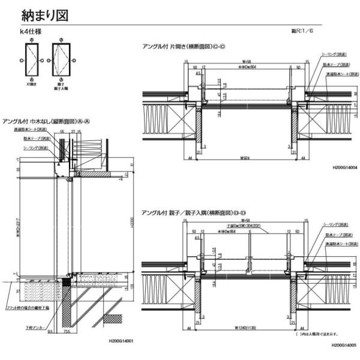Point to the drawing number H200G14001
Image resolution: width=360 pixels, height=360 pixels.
click(121, 341)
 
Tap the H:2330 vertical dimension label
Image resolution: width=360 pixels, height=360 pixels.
click(132, 228)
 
